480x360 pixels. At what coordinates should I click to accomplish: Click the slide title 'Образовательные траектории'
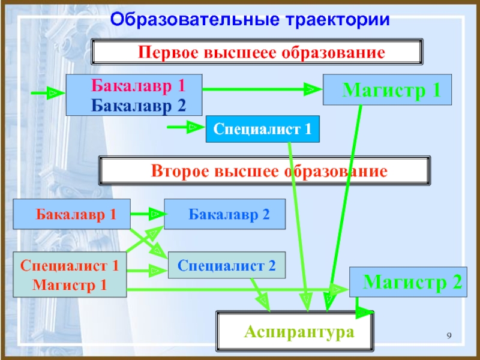[250, 19]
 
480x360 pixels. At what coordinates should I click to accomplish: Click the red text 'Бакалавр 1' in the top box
[138, 85]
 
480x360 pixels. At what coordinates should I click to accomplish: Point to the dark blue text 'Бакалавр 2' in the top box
[138, 106]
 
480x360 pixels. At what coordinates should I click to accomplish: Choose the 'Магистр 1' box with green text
[391, 91]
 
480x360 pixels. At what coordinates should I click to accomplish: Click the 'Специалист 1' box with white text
[262, 129]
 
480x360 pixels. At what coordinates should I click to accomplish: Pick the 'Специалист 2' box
[227, 264]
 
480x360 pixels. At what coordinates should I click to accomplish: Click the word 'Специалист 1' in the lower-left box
[70, 265]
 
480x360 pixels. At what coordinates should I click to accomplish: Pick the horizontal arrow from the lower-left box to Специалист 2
[146, 271]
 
